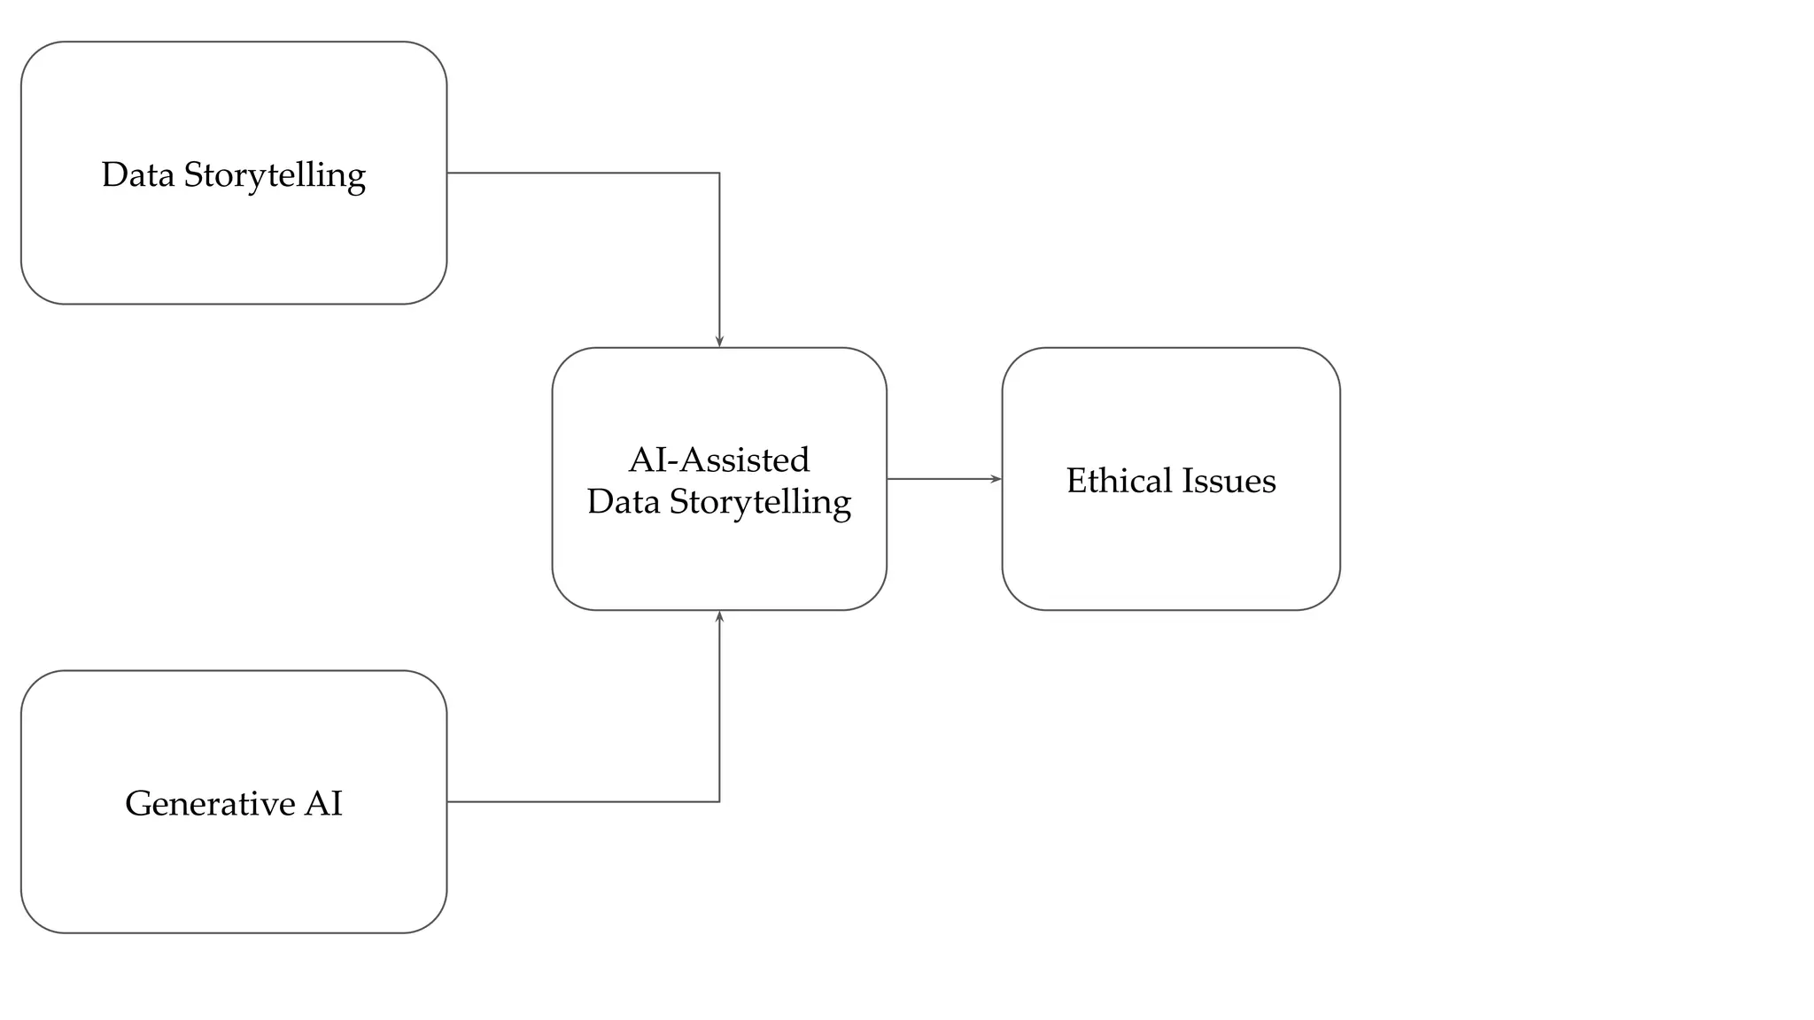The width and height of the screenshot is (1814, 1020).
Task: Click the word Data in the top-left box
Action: coord(137,174)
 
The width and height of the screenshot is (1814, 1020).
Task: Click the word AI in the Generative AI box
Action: coord(323,803)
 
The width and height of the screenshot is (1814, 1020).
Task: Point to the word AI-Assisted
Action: coord(719,460)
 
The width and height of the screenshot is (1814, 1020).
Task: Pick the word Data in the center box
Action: coord(623,502)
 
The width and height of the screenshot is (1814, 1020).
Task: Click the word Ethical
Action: coord(1119,481)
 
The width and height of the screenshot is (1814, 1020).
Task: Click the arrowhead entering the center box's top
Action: coord(719,341)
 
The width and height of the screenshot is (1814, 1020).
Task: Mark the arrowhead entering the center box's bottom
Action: coord(719,617)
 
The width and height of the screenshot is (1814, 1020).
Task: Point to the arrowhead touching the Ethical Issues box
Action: coord(996,479)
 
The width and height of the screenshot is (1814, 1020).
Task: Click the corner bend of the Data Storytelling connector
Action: coord(719,173)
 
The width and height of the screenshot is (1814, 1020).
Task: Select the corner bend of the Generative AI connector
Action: coord(719,801)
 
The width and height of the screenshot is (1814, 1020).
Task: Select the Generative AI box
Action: coord(234,868)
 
